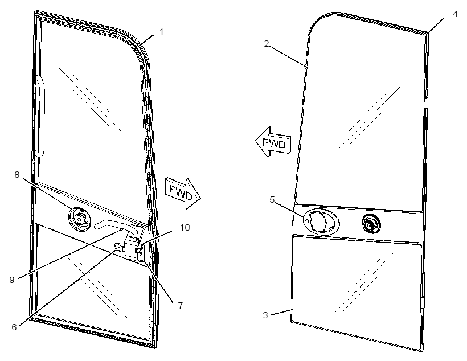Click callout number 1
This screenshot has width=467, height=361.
click(x=161, y=32)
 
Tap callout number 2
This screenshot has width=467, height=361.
click(x=267, y=44)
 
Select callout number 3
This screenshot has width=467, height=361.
click(x=265, y=315)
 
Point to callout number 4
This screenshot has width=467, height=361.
click(x=455, y=14)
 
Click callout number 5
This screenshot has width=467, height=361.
click(x=272, y=199)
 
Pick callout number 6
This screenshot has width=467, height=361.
click(x=14, y=327)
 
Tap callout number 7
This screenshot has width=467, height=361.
click(x=180, y=306)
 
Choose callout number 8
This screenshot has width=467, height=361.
click(x=17, y=175)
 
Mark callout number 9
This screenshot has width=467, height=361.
click(x=12, y=280)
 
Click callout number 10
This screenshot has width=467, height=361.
click(x=185, y=228)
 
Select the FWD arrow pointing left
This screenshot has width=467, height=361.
click(x=273, y=142)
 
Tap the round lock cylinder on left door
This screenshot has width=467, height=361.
click(x=79, y=219)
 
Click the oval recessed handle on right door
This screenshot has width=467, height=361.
click(x=321, y=221)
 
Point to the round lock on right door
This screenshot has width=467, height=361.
click(x=371, y=223)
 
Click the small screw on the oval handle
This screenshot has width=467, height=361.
click(x=307, y=220)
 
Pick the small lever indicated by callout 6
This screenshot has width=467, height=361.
click(x=119, y=247)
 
